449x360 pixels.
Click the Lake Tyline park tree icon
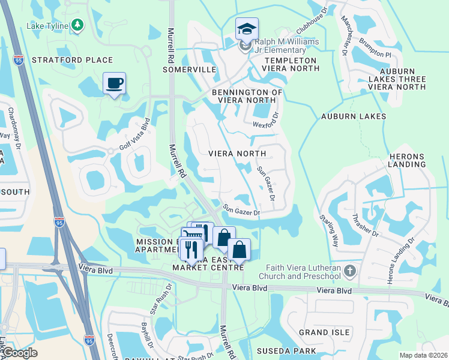tap(77, 25)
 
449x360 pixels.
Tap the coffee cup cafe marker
tap(113, 83)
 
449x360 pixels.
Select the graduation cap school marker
tap(246, 28)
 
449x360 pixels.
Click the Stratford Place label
tap(72, 60)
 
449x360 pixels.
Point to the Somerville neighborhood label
tap(189, 70)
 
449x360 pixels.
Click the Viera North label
tap(237, 154)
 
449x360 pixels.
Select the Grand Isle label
tap(325, 332)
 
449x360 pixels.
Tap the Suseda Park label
tap(282, 350)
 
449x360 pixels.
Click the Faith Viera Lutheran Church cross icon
tap(351, 272)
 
